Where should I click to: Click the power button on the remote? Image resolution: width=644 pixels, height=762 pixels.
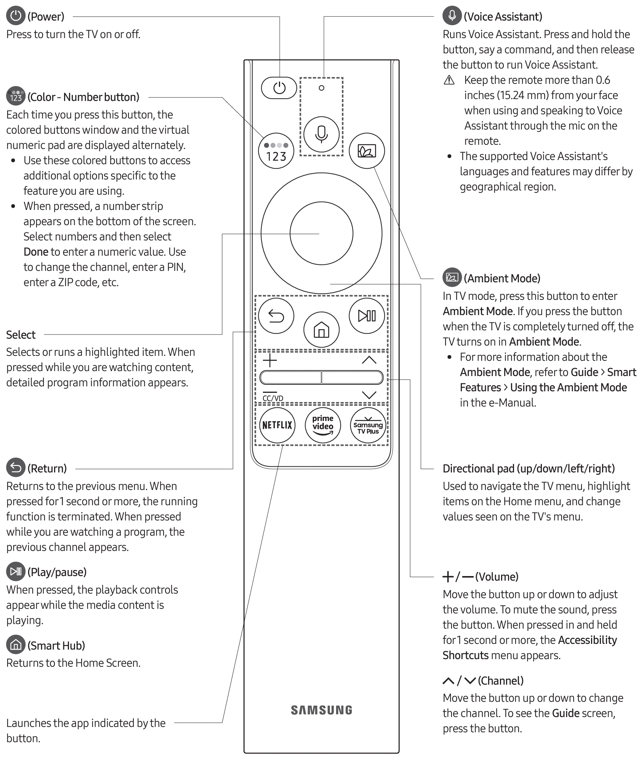279,88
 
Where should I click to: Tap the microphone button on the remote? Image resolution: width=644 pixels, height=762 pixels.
321,134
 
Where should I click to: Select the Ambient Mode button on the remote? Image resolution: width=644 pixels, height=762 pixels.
367,151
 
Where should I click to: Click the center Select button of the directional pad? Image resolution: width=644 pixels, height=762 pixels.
321,233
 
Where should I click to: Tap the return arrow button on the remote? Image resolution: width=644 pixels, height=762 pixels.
276,316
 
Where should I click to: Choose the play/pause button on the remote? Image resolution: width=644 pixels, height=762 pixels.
367,316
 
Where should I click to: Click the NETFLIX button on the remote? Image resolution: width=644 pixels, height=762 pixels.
277,425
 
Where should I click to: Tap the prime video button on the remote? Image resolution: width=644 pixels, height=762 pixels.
322,425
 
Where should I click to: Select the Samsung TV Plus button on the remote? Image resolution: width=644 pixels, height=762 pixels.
368,425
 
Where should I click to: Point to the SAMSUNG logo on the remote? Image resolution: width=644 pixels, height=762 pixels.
322,710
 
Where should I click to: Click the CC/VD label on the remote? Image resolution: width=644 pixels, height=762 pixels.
273,398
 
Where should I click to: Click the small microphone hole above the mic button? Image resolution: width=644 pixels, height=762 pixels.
321,88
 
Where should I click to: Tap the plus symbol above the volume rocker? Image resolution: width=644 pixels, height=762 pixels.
270,360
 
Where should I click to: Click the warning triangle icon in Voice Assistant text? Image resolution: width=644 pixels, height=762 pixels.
449,80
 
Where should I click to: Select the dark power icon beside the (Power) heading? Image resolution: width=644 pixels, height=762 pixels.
16,16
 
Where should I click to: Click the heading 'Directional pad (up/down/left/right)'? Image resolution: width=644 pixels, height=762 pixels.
529,469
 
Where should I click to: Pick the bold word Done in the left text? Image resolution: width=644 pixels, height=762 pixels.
36,252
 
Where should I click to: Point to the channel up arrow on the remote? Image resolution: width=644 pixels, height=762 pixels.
369,360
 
